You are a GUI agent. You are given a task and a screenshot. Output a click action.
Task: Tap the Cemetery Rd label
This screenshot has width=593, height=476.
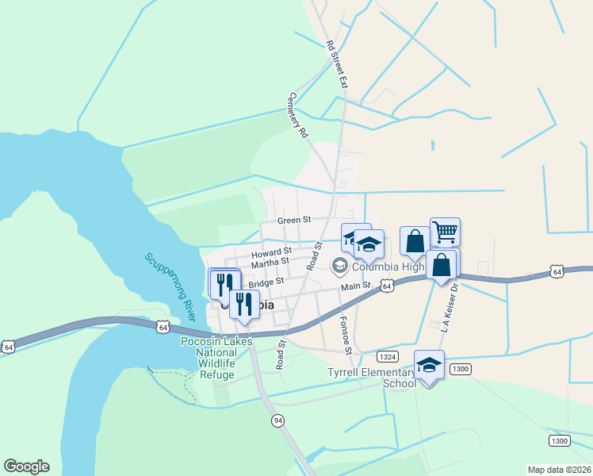(x=297, y=116)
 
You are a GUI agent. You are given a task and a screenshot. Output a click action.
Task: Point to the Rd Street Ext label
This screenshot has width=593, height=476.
(x=337, y=65)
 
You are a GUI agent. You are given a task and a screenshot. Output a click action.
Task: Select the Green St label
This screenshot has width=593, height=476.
(x=293, y=220)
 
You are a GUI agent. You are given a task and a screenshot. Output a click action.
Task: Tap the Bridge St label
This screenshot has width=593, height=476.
(x=266, y=282)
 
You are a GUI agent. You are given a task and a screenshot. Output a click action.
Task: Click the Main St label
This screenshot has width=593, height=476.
(x=356, y=286)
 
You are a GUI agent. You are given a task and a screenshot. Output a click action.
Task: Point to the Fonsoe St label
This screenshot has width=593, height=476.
(x=346, y=335)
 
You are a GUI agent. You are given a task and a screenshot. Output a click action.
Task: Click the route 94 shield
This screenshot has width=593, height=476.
(x=277, y=420)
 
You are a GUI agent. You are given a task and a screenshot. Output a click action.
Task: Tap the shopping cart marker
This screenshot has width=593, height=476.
(x=445, y=232)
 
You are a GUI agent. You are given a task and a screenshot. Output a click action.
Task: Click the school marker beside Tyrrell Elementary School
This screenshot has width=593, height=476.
(x=429, y=365)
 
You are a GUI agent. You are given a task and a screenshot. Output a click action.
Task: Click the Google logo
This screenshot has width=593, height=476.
(x=26, y=466)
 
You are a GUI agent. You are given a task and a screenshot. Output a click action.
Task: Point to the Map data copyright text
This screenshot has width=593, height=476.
(x=560, y=470)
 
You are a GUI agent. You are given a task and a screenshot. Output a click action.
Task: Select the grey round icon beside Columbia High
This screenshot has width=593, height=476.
(x=339, y=265)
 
